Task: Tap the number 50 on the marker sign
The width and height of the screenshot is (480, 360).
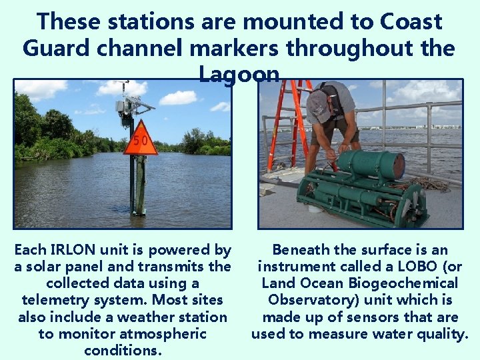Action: pos(140,141)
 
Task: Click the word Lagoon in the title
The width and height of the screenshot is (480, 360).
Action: pos(239,74)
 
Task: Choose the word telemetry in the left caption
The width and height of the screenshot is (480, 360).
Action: pos(53,300)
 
